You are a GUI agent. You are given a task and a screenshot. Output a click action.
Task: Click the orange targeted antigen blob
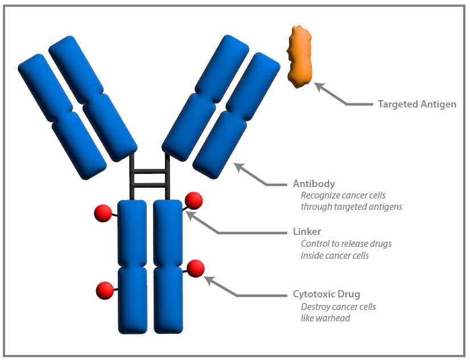coord(300,57)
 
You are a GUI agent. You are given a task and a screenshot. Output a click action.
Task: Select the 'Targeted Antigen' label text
coord(417,105)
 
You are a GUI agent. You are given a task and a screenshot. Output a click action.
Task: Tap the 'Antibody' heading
coord(314,184)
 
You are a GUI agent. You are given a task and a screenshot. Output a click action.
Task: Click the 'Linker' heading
coord(307,231)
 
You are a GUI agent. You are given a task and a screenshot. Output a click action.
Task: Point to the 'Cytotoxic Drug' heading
coord(326,295)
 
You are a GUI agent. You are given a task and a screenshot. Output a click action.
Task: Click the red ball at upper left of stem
coord(103,213)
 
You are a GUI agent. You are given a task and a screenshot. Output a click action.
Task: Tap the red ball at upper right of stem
coord(193,201)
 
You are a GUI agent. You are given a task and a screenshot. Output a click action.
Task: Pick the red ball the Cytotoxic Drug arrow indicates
coord(195,268)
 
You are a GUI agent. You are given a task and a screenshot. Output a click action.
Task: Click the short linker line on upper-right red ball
coord(184,208)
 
